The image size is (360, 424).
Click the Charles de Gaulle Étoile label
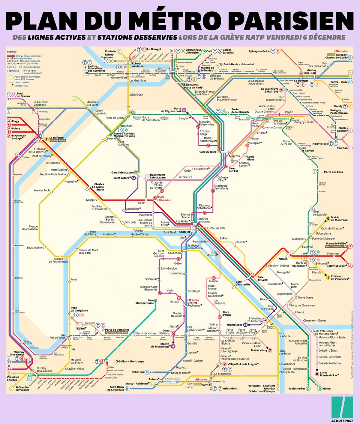click(99, 187)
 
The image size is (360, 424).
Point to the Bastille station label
click(241, 243)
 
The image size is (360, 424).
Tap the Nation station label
click(283, 259)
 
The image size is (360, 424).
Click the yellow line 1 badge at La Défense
click(46, 139)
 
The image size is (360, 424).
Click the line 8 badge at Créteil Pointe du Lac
click(317, 373)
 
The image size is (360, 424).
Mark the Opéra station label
click(160, 197)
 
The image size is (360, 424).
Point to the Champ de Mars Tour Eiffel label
click(87, 252)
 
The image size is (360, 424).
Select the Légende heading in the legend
click(12, 51)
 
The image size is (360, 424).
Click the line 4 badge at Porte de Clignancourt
click(184, 110)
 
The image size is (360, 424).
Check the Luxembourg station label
click(177, 273)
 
